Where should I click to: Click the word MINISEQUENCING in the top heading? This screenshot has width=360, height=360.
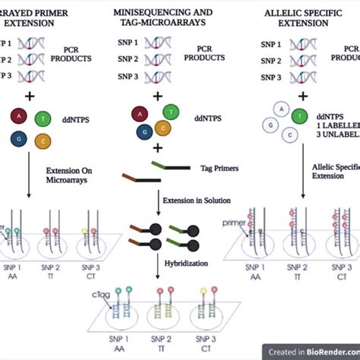pos(149,13)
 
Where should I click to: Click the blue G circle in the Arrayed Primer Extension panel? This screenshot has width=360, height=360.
pos(16,137)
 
